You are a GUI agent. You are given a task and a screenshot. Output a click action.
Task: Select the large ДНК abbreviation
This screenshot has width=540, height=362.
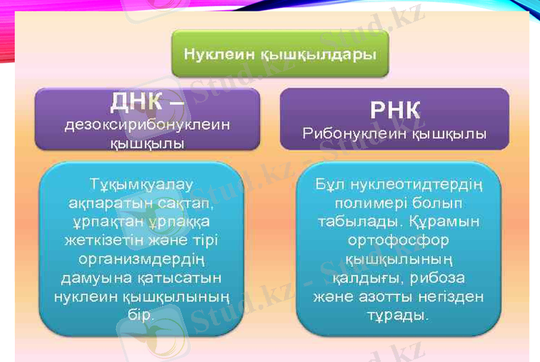pos(138,103)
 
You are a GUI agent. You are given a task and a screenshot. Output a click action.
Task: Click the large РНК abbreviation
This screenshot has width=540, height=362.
pos(395,109)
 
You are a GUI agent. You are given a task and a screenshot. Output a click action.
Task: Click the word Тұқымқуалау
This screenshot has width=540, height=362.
pos(142,183)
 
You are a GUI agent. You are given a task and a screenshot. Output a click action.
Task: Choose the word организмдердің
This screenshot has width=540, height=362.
pos(142,259)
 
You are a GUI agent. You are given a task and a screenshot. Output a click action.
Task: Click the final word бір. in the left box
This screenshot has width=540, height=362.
pos(141,315)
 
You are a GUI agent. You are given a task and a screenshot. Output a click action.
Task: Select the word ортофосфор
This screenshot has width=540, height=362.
pos(398,240)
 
